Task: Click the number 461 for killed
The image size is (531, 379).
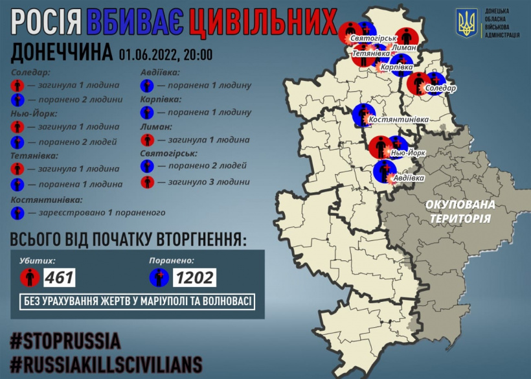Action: point(60,277)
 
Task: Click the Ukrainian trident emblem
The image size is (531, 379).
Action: point(466,23)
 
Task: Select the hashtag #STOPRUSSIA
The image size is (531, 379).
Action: point(65,341)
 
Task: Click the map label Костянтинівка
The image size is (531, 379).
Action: point(398,120)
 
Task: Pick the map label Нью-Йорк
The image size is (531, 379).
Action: point(409,153)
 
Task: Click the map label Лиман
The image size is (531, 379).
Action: point(403,47)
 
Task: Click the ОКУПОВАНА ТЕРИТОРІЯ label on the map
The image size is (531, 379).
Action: point(460,211)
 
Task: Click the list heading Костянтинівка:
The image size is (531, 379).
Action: point(47,200)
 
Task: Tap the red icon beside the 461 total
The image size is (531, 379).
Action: point(29,278)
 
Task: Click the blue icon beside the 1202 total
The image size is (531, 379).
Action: point(159,278)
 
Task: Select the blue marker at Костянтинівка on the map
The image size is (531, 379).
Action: point(363,115)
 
